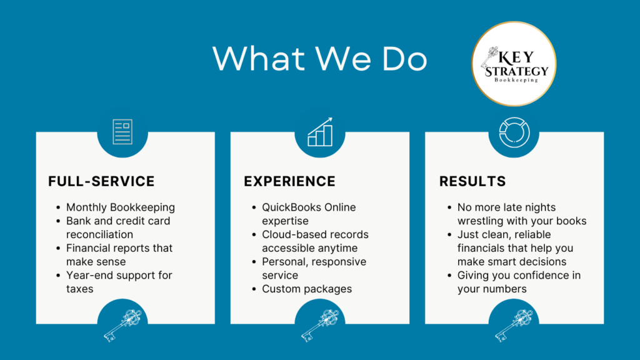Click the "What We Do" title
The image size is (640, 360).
pyautogui.click(x=319, y=58)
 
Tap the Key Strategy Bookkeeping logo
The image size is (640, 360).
pyautogui.click(x=514, y=64)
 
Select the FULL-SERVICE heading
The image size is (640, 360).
pyautogui.click(x=101, y=181)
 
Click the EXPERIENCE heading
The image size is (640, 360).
pyautogui.click(x=289, y=181)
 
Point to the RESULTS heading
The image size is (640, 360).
pyautogui.click(x=472, y=181)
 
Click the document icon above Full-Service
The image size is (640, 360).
pyautogui.click(x=122, y=132)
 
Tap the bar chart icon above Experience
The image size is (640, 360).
pyautogui.click(x=320, y=132)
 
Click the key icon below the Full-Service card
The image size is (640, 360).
pyautogui.click(x=122, y=325)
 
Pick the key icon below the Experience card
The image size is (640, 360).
pyautogui.click(x=320, y=325)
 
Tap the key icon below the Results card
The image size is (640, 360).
pyautogui.click(x=514, y=325)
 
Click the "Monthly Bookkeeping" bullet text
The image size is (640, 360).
pyautogui.click(x=121, y=207)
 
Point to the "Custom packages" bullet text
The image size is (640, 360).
pyautogui.click(x=307, y=289)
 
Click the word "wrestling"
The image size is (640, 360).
pyautogui.click(x=480, y=221)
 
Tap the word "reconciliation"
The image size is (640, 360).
pyautogui.click(x=99, y=234)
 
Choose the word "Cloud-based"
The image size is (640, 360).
pyautogui.click(x=285, y=234)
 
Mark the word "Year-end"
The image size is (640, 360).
pyautogui.click(x=84, y=275)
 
